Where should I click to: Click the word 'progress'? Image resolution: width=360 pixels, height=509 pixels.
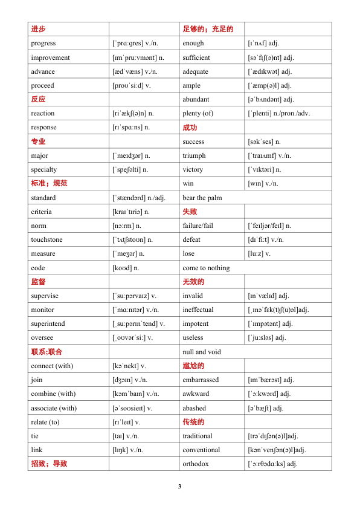click(x=43, y=44)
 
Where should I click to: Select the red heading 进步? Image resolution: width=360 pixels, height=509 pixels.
click(x=38, y=29)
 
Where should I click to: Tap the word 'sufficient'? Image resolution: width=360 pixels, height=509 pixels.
click(x=196, y=57)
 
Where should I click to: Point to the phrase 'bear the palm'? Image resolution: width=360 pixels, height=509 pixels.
click(x=202, y=198)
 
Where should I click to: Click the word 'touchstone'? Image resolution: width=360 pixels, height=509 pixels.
click(x=47, y=239)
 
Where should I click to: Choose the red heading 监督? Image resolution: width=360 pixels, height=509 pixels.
click(x=38, y=282)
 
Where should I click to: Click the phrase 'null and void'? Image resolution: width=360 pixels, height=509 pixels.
click(x=202, y=352)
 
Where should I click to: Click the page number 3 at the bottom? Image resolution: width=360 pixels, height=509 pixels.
click(x=179, y=487)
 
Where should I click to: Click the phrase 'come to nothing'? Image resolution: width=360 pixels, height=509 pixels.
click(x=206, y=268)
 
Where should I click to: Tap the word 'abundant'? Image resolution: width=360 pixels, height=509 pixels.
click(x=196, y=99)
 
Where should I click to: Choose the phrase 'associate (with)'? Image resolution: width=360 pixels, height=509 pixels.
click(x=54, y=408)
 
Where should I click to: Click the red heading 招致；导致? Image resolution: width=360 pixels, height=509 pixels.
click(x=49, y=464)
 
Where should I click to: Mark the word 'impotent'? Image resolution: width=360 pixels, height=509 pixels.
click(x=195, y=323)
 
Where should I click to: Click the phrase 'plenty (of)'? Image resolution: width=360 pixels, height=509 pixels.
click(x=198, y=113)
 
